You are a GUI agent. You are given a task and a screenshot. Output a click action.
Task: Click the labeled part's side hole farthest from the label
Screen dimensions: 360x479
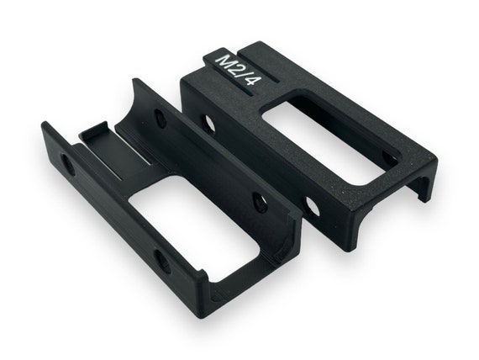click(313, 205)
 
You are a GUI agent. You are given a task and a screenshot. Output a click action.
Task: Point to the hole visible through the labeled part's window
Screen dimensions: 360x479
click(389, 158)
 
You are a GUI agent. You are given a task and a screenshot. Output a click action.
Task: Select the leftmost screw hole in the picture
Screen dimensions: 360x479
click(68, 165)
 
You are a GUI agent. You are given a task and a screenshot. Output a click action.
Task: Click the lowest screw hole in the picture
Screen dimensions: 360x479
click(162, 262)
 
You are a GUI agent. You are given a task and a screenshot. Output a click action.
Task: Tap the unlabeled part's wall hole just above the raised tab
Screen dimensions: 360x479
click(160, 119)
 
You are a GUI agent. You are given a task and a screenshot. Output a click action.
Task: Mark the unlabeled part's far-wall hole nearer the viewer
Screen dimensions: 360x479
click(260, 203)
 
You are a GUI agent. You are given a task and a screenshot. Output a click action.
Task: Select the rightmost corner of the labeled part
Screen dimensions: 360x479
click(436, 156)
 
